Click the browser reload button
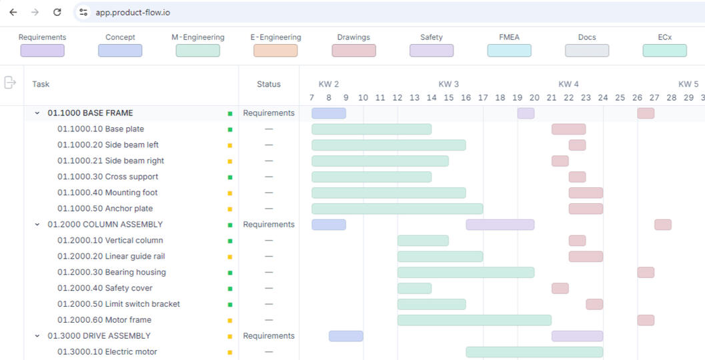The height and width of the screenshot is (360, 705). coord(57,12)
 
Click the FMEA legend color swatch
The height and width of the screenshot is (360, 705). coord(509,51)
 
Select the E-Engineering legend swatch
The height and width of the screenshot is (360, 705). coord(275,51)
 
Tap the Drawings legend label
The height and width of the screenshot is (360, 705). coord(354,37)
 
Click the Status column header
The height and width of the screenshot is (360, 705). coord(269,84)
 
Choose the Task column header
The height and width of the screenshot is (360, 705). coord(41,84)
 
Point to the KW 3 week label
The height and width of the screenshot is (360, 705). coord(448,84)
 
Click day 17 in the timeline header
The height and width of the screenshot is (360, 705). coord(483,98)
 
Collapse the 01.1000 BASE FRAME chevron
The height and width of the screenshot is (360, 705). coord(37,113)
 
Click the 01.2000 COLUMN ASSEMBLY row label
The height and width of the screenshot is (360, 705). coord(105,225)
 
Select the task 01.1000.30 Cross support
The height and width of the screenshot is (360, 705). coord(107,177)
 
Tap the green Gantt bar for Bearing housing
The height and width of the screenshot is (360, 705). coord(466,272)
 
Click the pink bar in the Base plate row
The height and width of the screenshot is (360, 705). coord(568,129)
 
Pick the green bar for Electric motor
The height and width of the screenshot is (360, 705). coord(534,352)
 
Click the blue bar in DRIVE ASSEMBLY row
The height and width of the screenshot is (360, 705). coord(345,336)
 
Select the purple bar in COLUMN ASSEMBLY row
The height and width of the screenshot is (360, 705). coord(500,225)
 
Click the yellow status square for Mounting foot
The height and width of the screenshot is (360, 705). coord(230,193)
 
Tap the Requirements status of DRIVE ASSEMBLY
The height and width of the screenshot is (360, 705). coord(269,336)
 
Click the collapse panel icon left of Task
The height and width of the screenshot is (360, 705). coord(10,83)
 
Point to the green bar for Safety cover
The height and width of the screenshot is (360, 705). coord(414,288)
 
